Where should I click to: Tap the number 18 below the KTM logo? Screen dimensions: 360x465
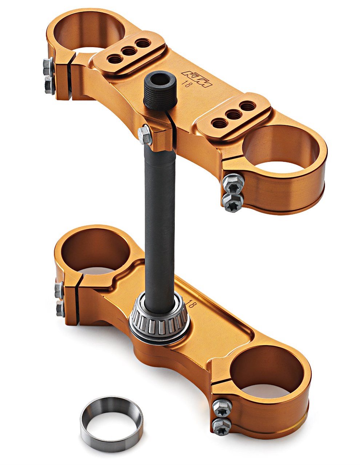[x=186, y=84]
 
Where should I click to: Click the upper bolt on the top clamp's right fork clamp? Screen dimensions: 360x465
[x=233, y=183]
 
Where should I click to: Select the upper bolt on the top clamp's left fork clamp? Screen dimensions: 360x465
[x=48, y=66]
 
